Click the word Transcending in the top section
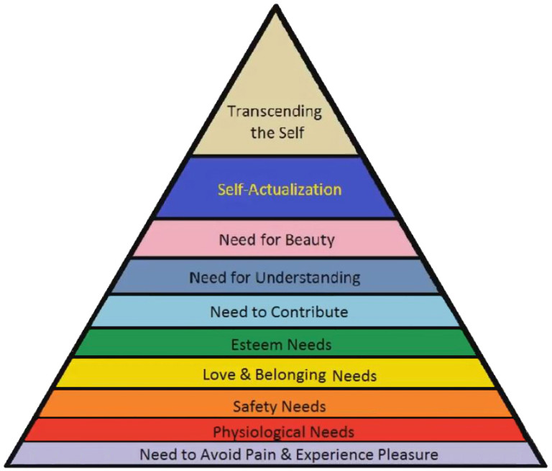275,112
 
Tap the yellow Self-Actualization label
280,190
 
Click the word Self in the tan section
293,133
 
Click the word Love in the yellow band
217,375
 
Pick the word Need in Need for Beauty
236,239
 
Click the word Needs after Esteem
310,344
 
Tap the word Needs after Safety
305,406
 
